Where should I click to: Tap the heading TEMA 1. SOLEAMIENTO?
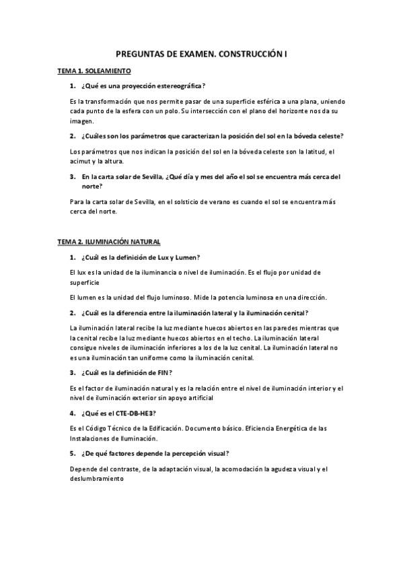click(x=94, y=71)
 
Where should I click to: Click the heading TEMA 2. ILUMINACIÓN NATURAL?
click(x=109, y=242)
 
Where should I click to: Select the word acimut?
click(x=80, y=162)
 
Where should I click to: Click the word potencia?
click(x=230, y=296)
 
